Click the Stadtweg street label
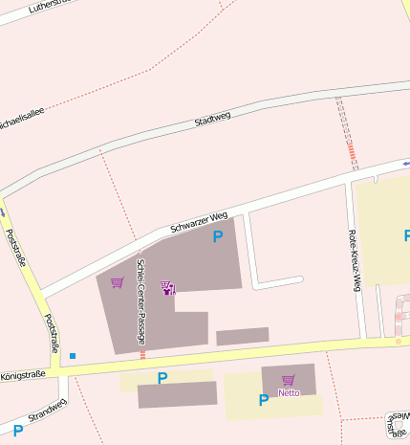click(212, 121)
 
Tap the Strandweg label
click(46, 412)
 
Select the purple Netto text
click(289, 392)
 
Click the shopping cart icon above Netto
click(288, 380)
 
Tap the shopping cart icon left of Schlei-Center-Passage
click(117, 282)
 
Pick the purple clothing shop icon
click(168, 287)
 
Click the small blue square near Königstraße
click(72, 356)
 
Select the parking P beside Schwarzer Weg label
click(218, 235)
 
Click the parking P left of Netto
click(263, 400)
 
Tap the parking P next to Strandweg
click(17, 431)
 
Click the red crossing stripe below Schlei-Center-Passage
click(142, 354)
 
